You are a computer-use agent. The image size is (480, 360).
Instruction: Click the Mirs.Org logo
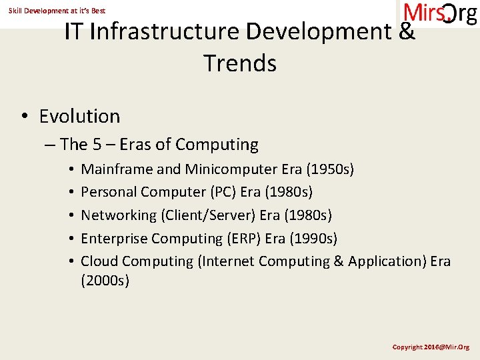pos(440,14)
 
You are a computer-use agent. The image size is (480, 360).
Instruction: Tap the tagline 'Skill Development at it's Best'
pos(57,11)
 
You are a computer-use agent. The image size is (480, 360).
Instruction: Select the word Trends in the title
pos(240,63)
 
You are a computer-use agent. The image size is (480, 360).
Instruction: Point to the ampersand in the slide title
pos(407,32)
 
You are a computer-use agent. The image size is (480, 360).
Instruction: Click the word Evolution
pos(79,116)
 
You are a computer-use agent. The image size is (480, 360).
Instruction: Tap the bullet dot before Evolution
pos(23,117)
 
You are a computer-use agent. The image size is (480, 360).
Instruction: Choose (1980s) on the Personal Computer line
pos(289,192)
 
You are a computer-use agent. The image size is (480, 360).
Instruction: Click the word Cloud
pos(99,261)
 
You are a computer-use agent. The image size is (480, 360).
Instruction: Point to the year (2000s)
pos(105,281)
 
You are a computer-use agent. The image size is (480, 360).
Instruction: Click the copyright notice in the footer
pos(431,347)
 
